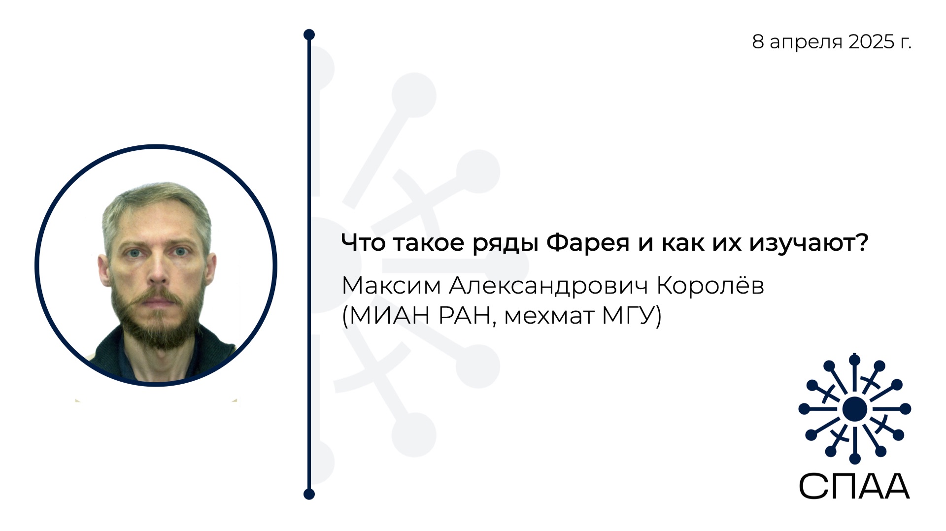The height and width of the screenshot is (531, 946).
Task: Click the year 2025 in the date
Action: click(x=871, y=42)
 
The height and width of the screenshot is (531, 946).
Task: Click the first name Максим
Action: click(x=391, y=286)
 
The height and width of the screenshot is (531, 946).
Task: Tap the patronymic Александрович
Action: click(x=548, y=286)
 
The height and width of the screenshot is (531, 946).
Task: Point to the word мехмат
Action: click(x=549, y=316)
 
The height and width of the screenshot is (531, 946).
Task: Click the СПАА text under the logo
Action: click(x=854, y=486)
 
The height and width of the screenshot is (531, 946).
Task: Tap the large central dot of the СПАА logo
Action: click(x=854, y=409)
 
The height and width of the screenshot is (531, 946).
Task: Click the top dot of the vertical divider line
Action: click(x=309, y=34)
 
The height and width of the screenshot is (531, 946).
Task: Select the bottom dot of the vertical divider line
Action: click(x=309, y=494)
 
